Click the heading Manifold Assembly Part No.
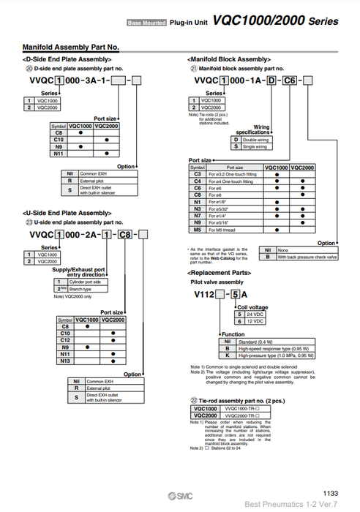(x=71, y=48)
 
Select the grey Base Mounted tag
(x=146, y=24)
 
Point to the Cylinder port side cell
(x=86, y=282)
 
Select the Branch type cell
(x=86, y=289)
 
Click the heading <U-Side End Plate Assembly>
(x=64, y=212)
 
